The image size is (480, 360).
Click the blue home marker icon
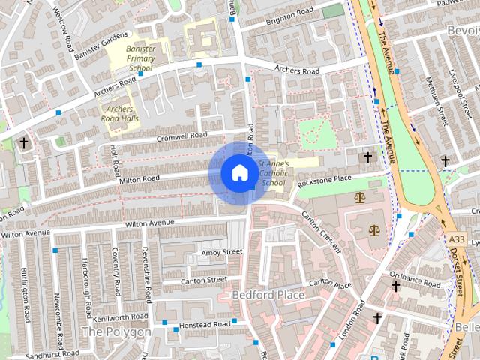click(239, 172)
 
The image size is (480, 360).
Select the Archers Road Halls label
click(119, 112)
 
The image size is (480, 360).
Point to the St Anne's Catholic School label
click(271, 173)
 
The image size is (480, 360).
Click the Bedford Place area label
click(268, 295)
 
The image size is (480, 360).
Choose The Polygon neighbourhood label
click(115, 331)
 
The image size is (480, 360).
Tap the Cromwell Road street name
click(181, 136)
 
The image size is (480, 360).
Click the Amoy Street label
click(222, 252)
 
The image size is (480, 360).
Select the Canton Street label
click(205, 280)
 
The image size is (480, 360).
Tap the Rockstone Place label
click(324, 180)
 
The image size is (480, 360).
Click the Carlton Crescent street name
click(320, 226)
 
